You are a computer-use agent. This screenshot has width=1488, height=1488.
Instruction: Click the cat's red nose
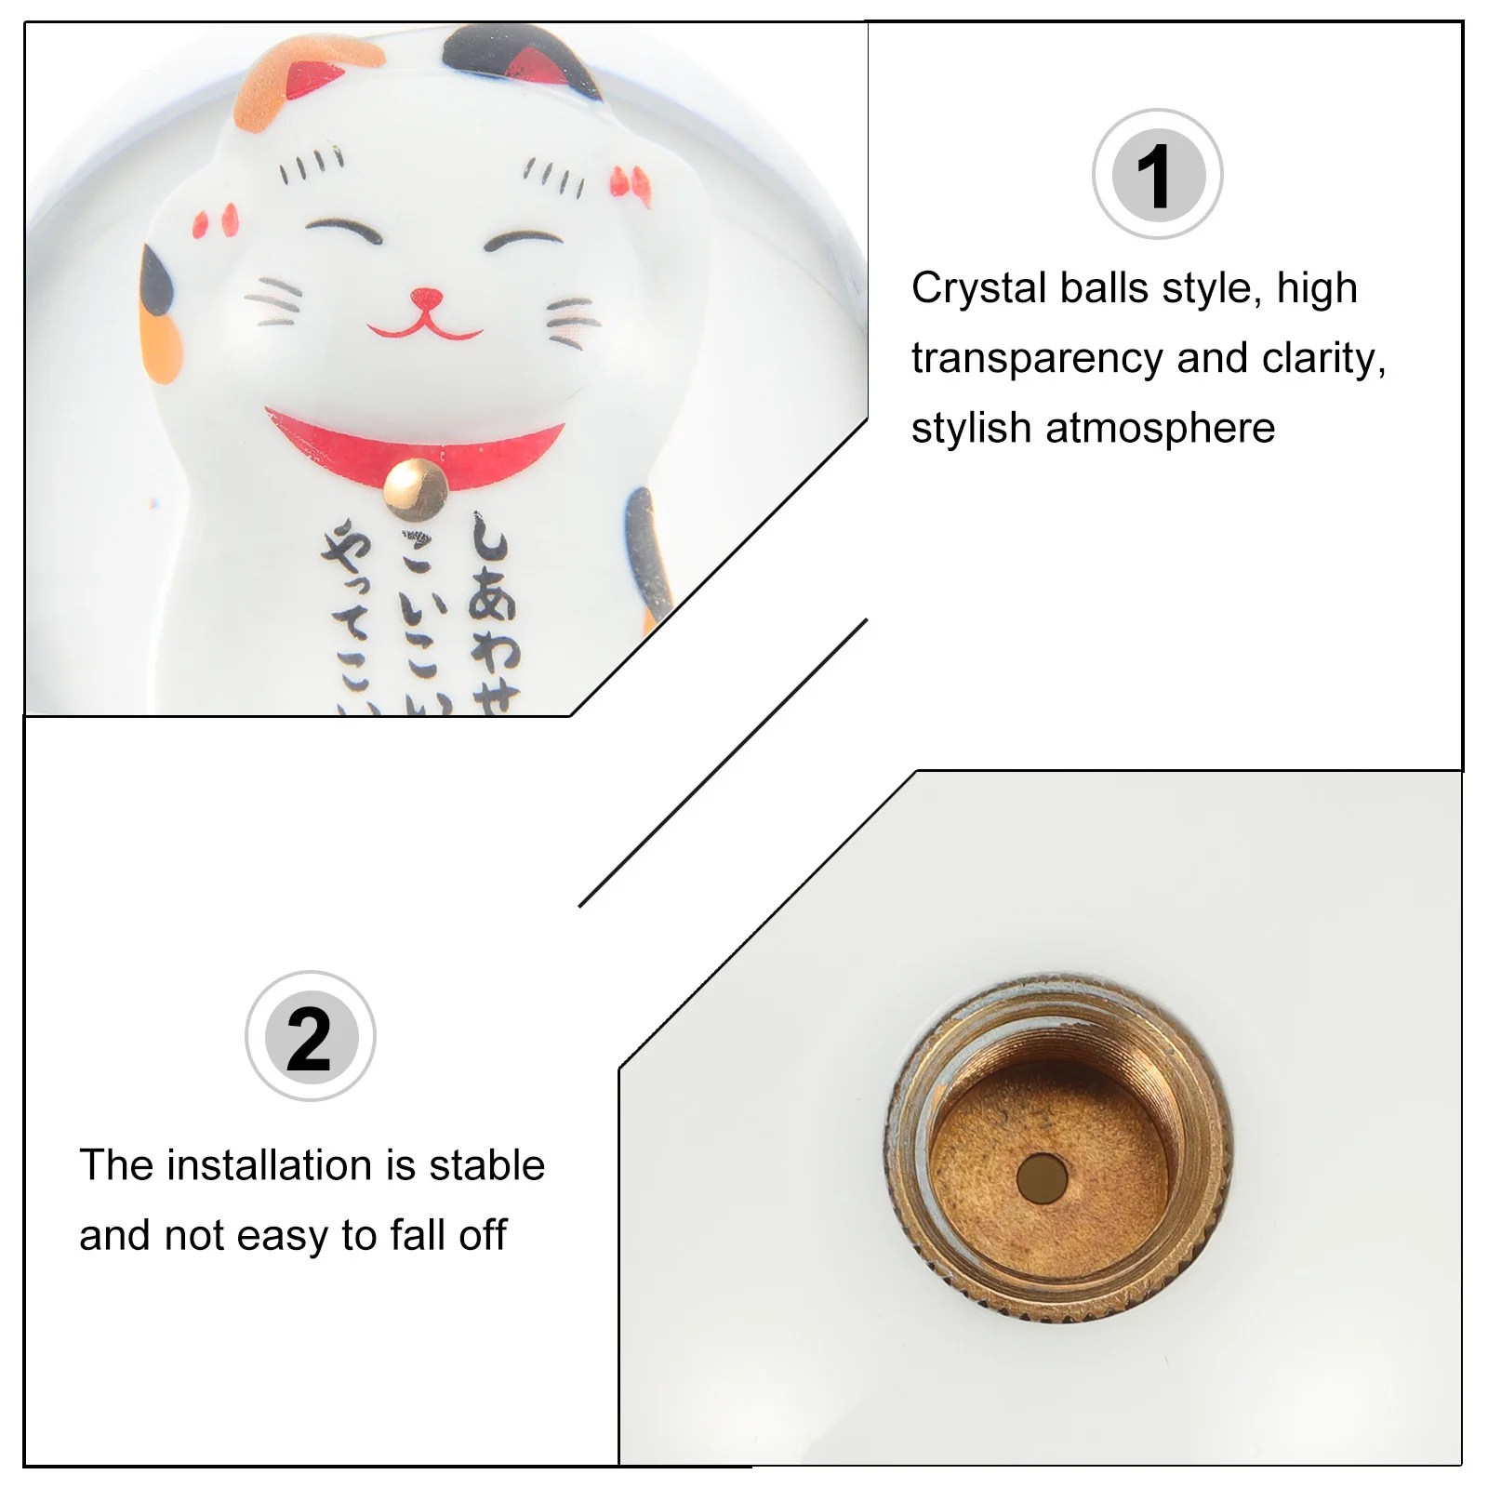426,299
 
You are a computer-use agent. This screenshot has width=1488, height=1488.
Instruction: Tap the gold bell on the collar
416,488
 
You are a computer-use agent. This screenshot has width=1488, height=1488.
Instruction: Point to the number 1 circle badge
1157,175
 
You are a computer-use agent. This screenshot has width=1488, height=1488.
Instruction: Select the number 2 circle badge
311,1036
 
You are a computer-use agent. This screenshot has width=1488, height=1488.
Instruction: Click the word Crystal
977,288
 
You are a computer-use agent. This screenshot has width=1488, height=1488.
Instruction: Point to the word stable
486,1165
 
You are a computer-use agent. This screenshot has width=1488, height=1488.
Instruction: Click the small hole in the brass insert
1042,1177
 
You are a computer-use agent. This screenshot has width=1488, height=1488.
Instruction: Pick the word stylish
971,429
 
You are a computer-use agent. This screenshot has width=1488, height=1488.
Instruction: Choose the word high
1317,288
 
